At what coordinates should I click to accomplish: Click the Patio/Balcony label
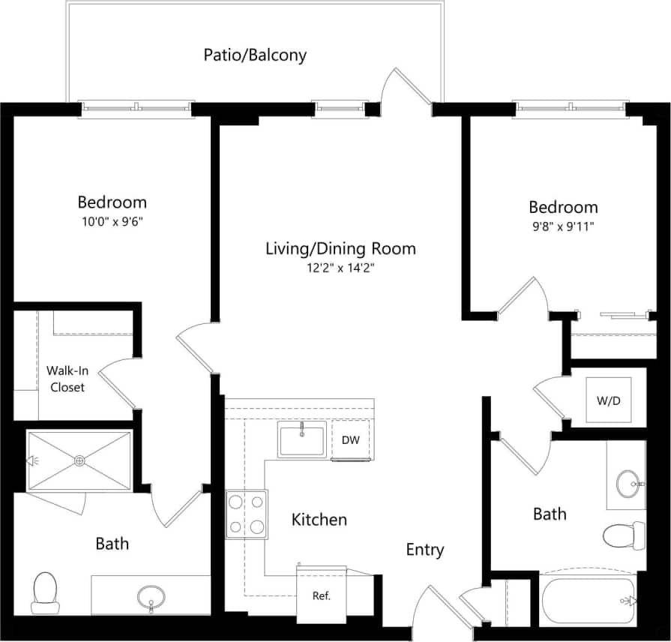tap(255, 55)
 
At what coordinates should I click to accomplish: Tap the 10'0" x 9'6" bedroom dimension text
tap(112, 221)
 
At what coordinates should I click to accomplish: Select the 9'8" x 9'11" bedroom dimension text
tap(563, 226)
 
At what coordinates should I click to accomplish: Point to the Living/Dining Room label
tap(340, 248)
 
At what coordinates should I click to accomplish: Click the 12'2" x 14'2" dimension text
tap(340, 268)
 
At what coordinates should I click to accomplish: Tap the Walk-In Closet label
tap(65, 379)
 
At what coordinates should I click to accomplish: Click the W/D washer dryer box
tap(609, 400)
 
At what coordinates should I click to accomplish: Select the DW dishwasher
tap(351, 440)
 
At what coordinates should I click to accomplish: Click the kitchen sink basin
tap(301, 439)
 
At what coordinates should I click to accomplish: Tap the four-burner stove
tap(247, 514)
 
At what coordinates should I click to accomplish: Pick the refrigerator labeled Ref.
tap(322, 595)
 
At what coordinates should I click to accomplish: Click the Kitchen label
tap(319, 520)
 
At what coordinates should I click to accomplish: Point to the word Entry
tap(425, 550)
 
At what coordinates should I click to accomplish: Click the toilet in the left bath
tap(45, 592)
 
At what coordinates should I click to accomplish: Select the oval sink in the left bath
tap(151, 597)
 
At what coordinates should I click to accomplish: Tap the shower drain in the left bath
tap(79, 461)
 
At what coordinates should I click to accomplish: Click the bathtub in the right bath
tap(589, 600)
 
